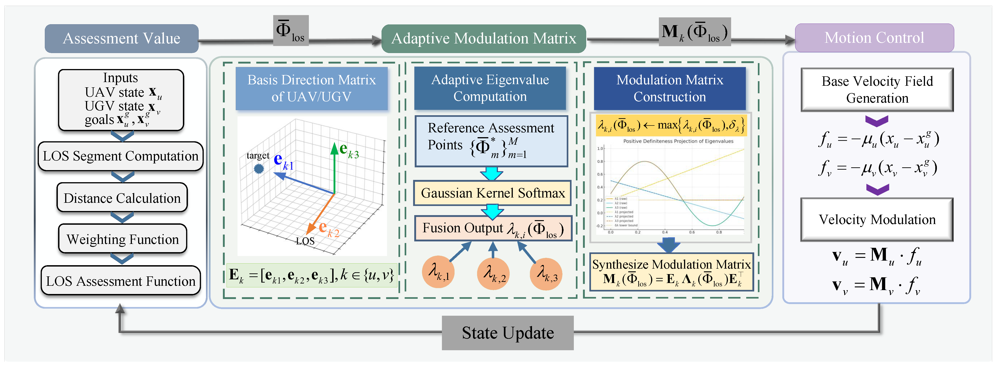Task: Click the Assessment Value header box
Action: (x=122, y=38)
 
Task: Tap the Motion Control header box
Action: (x=874, y=37)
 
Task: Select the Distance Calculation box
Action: (x=122, y=198)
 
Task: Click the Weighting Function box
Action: (x=122, y=239)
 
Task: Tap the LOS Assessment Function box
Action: (x=120, y=281)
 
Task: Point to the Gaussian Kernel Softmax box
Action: (x=492, y=193)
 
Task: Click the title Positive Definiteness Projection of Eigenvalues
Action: (x=678, y=141)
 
